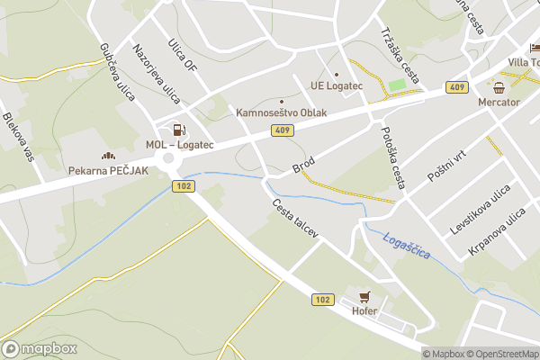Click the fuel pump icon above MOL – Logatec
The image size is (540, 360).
click(178, 130)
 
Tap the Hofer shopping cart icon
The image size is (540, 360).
click(364, 295)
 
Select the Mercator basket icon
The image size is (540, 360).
click(500, 87)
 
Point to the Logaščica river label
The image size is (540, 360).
click(406, 247)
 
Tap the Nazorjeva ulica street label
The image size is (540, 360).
click(157, 72)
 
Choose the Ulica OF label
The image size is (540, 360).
click(183, 54)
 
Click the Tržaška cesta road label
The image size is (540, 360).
click(400, 53)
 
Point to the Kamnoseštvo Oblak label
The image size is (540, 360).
click(281, 113)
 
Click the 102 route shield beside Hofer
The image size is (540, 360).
click(323, 299)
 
